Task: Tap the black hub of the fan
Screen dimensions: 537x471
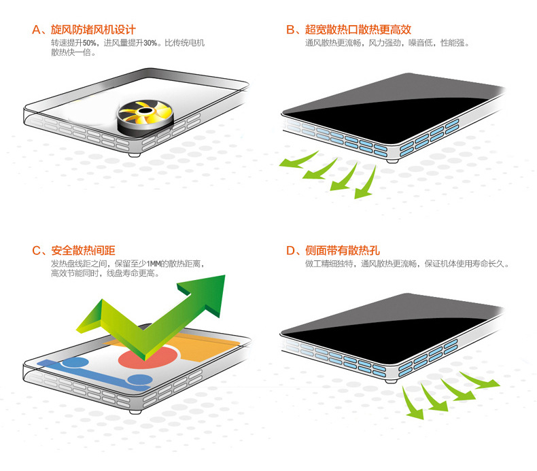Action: tap(145, 110)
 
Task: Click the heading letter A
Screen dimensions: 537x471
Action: tap(36, 30)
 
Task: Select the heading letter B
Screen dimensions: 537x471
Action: tap(290, 30)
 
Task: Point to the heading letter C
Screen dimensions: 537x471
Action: tap(36, 250)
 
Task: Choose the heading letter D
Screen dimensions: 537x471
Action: tap(291, 250)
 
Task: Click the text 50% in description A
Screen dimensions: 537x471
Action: tap(89, 43)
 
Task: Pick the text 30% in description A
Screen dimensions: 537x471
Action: tap(150, 43)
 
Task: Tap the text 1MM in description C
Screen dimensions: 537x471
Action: tap(154, 264)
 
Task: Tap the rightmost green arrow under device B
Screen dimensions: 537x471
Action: tap(365, 184)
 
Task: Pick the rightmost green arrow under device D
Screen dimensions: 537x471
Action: tap(480, 380)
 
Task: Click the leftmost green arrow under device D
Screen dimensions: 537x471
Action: tap(412, 402)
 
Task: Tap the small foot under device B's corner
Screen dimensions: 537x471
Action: tap(392, 160)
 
